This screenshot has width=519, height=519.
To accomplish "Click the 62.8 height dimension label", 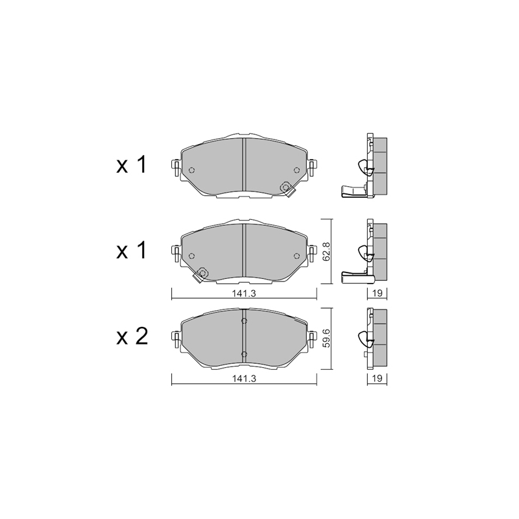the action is point(326,252).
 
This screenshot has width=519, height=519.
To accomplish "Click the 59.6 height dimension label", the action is point(326,338).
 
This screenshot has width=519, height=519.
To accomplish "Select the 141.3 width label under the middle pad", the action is point(245,293).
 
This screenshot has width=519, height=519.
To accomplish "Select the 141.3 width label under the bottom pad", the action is point(245,379).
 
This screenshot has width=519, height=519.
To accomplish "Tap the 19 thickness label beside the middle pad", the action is point(378,293).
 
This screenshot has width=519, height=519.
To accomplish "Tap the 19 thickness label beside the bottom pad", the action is point(378,378).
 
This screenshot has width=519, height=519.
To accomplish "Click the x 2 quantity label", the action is point(132,337).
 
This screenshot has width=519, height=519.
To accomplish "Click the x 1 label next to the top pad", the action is point(131,165).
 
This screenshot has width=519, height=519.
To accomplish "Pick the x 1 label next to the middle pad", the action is point(131,250).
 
